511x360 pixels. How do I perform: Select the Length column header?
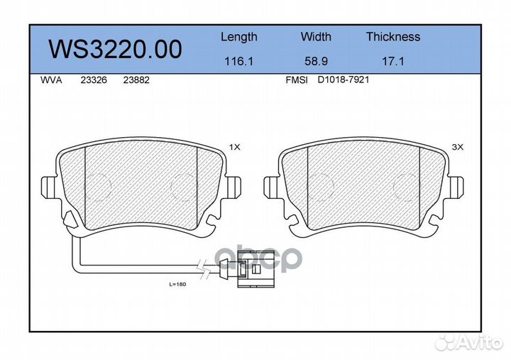pyautogui.click(x=238, y=37)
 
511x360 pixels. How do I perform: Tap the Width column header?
pyautogui.click(x=315, y=37)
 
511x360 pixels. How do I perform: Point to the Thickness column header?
pyautogui.click(x=392, y=37)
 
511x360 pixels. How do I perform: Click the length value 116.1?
pyautogui.click(x=238, y=62)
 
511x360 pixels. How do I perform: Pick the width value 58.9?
pyautogui.click(x=315, y=62)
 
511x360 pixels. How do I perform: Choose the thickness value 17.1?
pyautogui.click(x=392, y=62)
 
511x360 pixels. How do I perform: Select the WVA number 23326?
pyautogui.click(x=94, y=81)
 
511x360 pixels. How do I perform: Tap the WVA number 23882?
pyautogui.click(x=136, y=81)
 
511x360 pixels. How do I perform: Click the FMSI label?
pyautogui.click(x=296, y=81)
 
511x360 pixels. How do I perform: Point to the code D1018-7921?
pyautogui.click(x=343, y=80)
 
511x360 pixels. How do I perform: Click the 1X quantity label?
pyautogui.click(x=235, y=147)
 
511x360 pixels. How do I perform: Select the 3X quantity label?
pyautogui.click(x=457, y=147)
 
